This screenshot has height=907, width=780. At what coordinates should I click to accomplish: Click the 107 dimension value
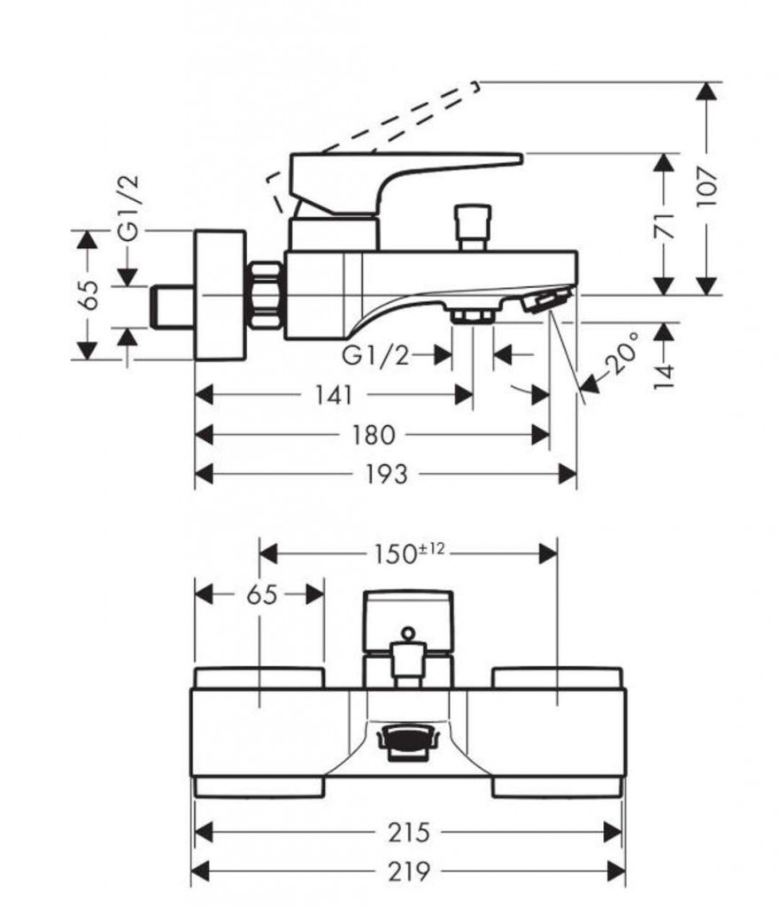click(707, 186)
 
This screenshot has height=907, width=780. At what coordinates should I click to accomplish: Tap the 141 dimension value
click(332, 395)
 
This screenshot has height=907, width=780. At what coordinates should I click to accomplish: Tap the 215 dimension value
click(407, 833)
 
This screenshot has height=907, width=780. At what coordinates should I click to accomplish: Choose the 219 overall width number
click(407, 872)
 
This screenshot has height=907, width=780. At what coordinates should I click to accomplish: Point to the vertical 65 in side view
click(88, 295)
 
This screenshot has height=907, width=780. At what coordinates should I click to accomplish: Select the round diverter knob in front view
click(407, 633)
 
